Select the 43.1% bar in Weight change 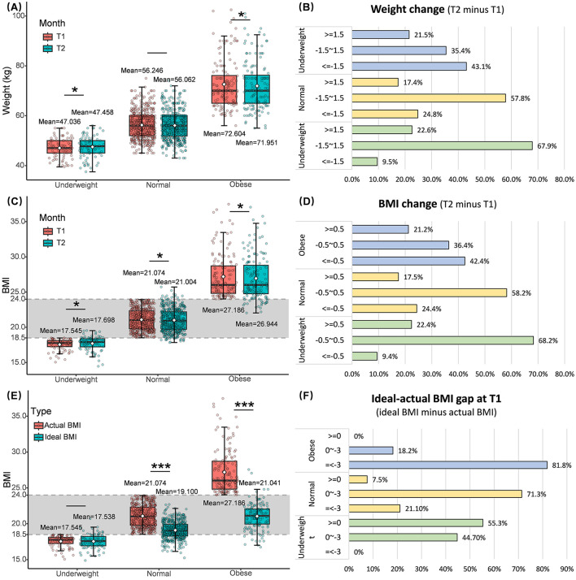point(409,67)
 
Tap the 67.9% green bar point(442,145)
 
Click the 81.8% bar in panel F point(447,465)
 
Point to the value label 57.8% point(520,98)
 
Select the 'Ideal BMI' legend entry point(55,437)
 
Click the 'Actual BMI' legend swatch point(38,426)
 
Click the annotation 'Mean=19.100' point(177,491)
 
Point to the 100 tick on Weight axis point(18,15)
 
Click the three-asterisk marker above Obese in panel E point(244,405)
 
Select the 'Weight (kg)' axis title point(7,91)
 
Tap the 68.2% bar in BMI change point(443,340)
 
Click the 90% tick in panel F point(567,569)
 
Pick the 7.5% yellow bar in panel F point(358,479)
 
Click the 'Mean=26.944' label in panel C point(257,324)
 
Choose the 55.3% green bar point(416,523)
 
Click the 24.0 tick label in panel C point(18,299)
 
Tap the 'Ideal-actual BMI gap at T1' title point(436,399)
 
